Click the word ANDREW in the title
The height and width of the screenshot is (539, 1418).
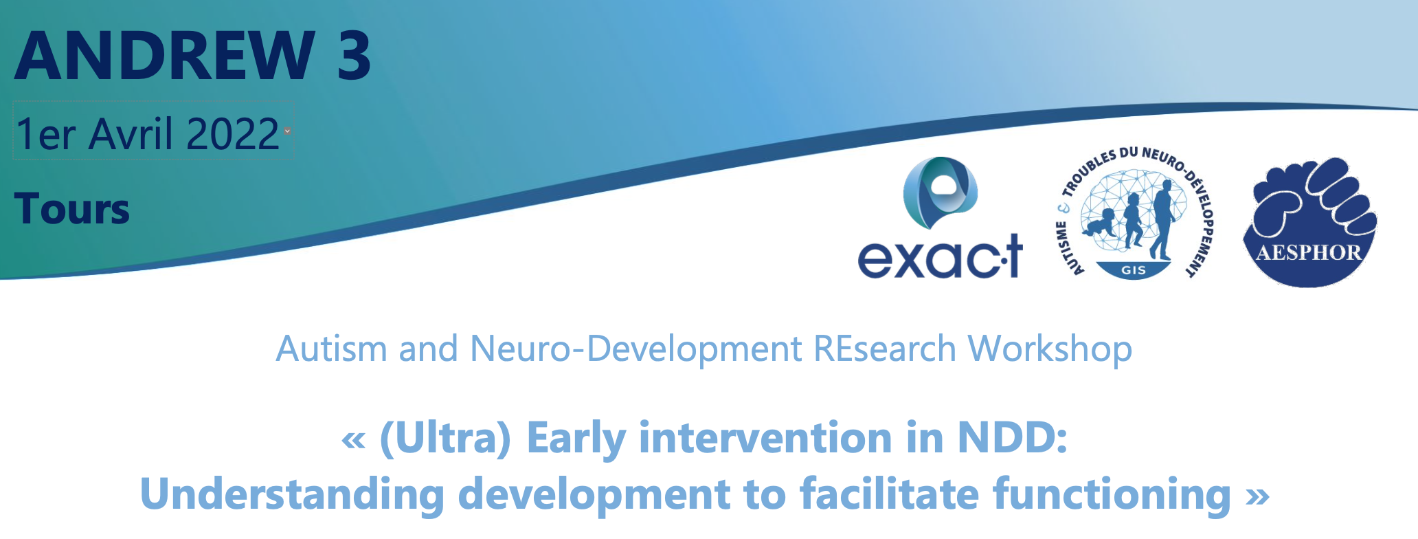(164, 55)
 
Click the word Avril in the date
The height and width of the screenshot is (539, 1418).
(131, 133)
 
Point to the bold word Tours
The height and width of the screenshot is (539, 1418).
(71, 209)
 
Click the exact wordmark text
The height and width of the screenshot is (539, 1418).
(940, 256)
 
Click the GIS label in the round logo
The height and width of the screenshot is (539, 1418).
(1133, 270)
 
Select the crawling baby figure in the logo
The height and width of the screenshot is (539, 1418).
(1100, 223)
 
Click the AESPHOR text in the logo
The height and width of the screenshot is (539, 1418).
(1309, 252)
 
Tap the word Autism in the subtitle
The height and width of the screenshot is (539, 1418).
(332, 349)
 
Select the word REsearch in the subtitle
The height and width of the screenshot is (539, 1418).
(885, 349)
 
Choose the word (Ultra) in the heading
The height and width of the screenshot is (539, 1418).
(445, 439)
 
